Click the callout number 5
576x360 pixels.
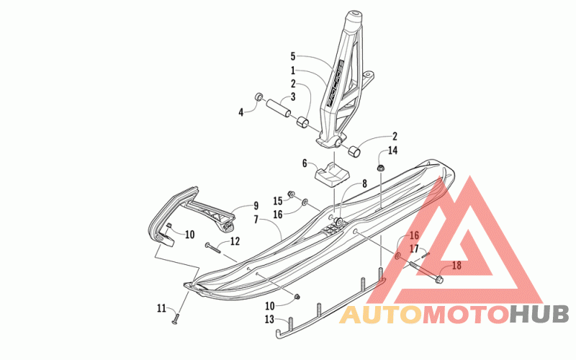click(x=293, y=55)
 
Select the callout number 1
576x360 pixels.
click(x=293, y=71)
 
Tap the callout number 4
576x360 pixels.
click(x=241, y=111)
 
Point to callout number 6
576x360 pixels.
click(x=305, y=163)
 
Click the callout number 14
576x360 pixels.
click(x=392, y=150)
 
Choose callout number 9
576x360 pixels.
click(x=256, y=205)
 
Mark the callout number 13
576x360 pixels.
click(x=269, y=319)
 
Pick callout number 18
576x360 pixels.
click(x=456, y=266)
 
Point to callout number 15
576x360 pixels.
click(x=277, y=201)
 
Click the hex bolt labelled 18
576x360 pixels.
click(x=428, y=274)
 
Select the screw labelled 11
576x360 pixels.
click(x=176, y=316)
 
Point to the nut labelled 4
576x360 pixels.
click(x=257, y=98)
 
